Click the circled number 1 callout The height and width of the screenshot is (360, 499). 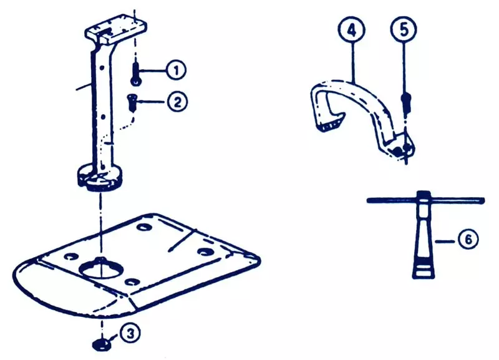click(x=176, y=70)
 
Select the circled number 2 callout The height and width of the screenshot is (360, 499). click(x=177, y=102)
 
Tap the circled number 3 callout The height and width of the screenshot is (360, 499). click(x=130, y=334)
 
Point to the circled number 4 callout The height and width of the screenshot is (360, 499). click(x=352, y=29)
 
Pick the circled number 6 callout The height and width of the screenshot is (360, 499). click(x=468, y=239)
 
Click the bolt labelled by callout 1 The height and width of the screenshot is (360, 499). click(x=135, y=74)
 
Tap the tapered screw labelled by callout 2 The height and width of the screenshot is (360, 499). click(x=132, y=102)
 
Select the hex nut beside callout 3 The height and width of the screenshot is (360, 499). click(x=101, y=344)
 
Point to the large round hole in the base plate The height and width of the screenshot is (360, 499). click(x=100, y=269)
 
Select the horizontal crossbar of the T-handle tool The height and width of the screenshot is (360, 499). click(x=425, y=200)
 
